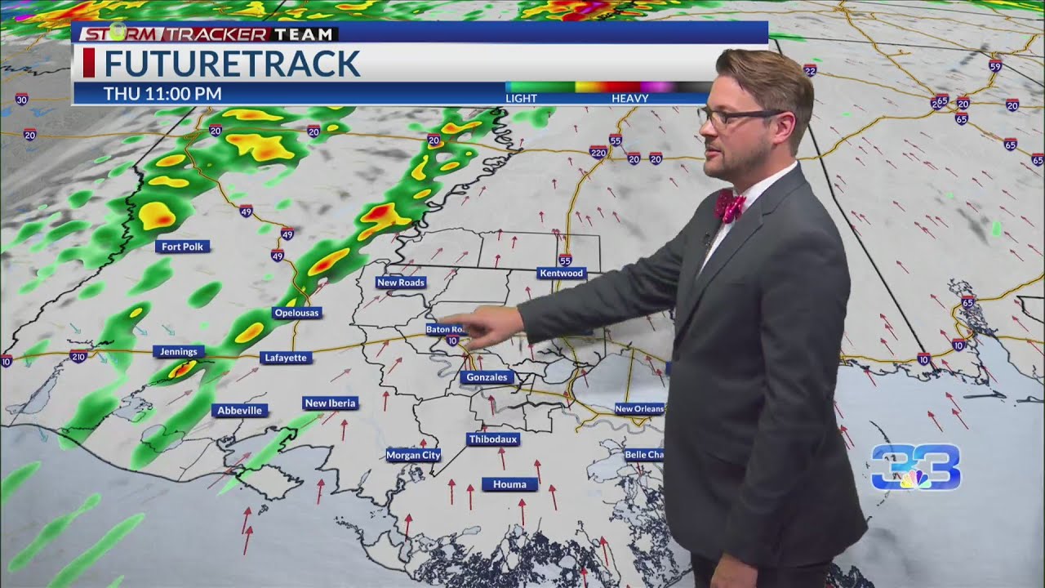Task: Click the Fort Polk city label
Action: pyautogui.click(x=183, y=247)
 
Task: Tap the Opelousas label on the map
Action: pyautogui.click(x=297, y=313)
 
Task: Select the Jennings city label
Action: pyautogui.click(x=178, y=352)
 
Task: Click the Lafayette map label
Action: pyautogui.click(x=286, y=358)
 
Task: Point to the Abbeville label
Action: pyautogui.click(x=240, y=411)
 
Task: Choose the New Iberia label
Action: pyautogui.click(x=330, y=403)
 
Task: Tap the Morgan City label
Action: pyautogui.click(x=413, y=455)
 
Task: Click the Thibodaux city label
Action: pyautogui.click(x=493, y=439)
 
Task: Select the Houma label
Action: pyautogui.click(x=509, y=484)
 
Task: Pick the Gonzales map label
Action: pyautogui.click(x=487, y=377)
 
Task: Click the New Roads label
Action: pyautogui.click(x=401, y=283)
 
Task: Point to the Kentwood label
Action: pyautogui.click(x=562, y=273)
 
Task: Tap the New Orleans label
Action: pyautogui.click(x=639, y=408)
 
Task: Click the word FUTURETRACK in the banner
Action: pyautogui.click(x=232, y=64)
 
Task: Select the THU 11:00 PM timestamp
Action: pyautogui.click(x=162, y=94)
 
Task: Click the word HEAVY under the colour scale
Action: pyautogui.click(x=629, y=99)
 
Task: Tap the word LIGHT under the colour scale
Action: pyautogui.click(x=521, y=99)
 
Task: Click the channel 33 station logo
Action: pyautogui.click(x=915, y=468)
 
